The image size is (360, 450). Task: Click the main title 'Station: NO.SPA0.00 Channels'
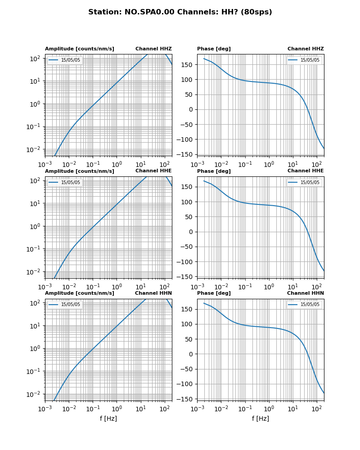click(x=180, y=12)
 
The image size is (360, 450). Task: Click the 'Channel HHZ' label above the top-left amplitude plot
click(x=153, y=49)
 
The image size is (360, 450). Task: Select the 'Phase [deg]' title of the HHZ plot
click(x=214, y=49)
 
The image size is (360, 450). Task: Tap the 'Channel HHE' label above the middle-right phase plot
click(x=306, y=171)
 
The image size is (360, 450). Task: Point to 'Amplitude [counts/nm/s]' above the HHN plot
click(x=80, y=293)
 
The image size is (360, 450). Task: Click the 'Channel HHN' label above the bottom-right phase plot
click(x=306, y=293)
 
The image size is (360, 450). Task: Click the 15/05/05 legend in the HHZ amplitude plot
click(x=65, y=60)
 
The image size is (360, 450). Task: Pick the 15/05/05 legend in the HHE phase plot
click(x=304, y=182)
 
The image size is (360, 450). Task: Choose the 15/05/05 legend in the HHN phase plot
click(x=304, y=305)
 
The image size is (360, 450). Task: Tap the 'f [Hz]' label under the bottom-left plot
click(x=108, y=418)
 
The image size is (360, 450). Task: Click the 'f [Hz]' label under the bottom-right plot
click(x=261, y=418)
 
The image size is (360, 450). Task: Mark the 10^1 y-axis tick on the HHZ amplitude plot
click(x=36, y=81)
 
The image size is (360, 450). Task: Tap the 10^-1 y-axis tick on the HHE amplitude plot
click(x=34, y=249)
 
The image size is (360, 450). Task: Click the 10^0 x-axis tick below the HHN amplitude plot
click(x=117, y=409)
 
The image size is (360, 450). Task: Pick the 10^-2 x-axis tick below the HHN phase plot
click(x=221, y=409)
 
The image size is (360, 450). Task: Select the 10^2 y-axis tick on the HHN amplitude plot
click(x=36, y=303)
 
